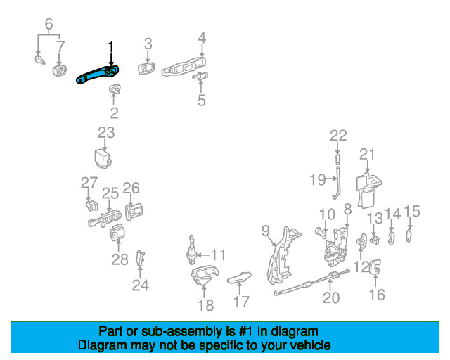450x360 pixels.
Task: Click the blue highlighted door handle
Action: click(x=97, y=75)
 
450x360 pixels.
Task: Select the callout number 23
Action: click(x=106, y=133)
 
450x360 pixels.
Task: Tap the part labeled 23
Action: click(x=103, y=158)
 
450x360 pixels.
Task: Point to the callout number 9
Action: click(x=266, y=231)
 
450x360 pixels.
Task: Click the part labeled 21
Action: click(x=368, y=189)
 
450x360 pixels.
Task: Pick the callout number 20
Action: click(x=331, y=297)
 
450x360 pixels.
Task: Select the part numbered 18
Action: click(x=205, y=276)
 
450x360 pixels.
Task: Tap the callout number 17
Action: click(x=241, y=302)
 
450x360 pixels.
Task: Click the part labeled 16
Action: click(x=375, y=267)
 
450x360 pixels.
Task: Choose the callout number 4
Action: click(x=202, y=38)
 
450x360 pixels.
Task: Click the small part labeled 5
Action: click(x=200, y=77)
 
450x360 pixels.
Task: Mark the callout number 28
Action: click(x=120, y=259)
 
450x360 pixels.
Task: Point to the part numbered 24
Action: click(x=141, y=258)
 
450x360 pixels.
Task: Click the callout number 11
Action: click(x=218, y=255)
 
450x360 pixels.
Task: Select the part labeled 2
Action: click(x=115, y=89)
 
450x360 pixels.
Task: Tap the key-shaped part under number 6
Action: click(x=39, y=60)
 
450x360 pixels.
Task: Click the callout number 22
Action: click(x=338, y=136)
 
